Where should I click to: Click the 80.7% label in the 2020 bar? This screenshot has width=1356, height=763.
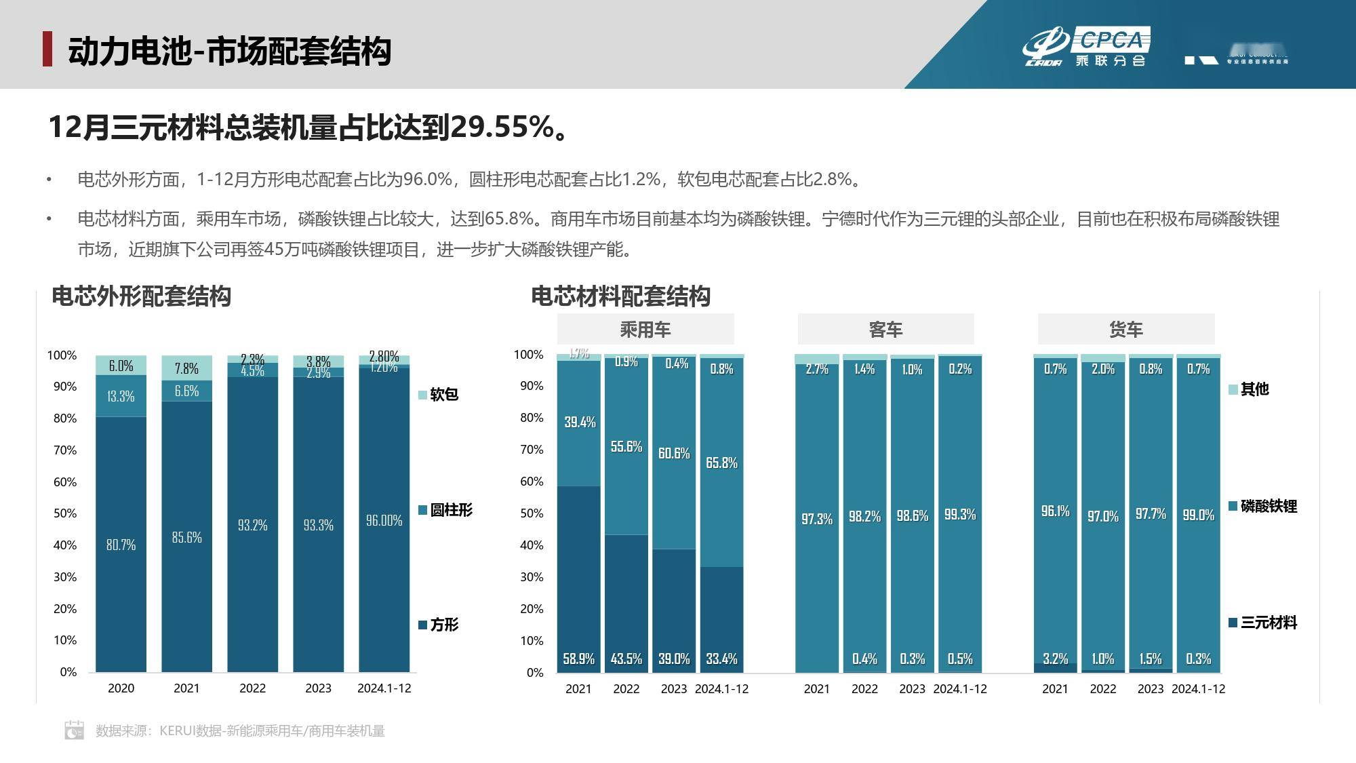click(121, 545)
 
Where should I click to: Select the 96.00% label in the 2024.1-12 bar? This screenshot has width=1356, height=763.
click(384, 520)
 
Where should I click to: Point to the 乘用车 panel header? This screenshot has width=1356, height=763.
click(645, 330)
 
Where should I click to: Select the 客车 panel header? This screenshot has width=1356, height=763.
click(885, 330)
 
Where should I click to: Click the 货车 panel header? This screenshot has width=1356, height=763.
click(1125, 330)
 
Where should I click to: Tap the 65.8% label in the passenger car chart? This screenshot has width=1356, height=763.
click(721, 463)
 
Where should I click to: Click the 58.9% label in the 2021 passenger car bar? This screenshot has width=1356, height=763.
click(578, 659)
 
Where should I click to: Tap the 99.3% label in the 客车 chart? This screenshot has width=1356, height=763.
click(959, 514)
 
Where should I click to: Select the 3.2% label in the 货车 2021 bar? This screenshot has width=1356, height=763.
click(1055, 659)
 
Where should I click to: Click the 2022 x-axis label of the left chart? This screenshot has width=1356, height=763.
click(252, 688)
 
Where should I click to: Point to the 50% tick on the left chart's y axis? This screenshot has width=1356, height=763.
click(65, 513)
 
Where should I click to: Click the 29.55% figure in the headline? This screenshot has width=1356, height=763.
click(501, 127)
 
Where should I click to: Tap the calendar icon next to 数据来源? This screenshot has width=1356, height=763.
click(74, 730)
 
